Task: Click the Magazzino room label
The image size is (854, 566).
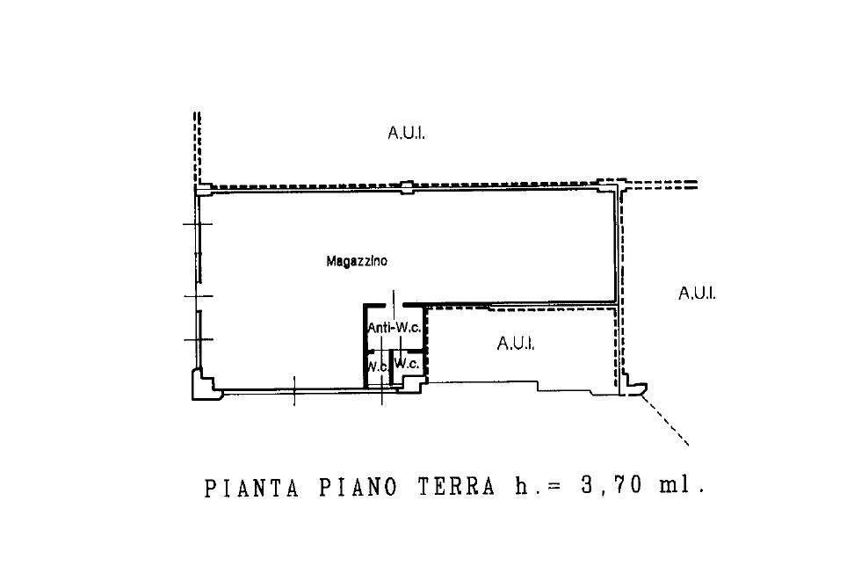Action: point(357,261)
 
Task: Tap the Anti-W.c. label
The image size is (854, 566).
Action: point(394,328)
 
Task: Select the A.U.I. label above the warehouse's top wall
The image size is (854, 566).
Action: point(406,133)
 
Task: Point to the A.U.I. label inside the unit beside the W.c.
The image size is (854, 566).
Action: point(516,344)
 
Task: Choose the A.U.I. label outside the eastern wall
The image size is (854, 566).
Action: point(697,294)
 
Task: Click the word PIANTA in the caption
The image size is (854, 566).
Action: point(251,488)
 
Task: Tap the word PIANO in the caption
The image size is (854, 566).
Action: point(358,487)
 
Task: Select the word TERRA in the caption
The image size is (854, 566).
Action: point(456,486)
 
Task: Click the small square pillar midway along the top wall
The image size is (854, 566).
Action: point(407,187)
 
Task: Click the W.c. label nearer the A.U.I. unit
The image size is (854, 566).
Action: point(406,363)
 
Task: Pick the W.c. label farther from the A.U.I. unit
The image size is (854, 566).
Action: point(378,366)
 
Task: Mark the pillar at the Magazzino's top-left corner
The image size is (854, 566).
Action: point(203,190)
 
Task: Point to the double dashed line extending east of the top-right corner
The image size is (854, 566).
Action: point(662,185)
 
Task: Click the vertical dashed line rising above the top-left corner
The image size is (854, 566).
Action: point(198,148)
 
